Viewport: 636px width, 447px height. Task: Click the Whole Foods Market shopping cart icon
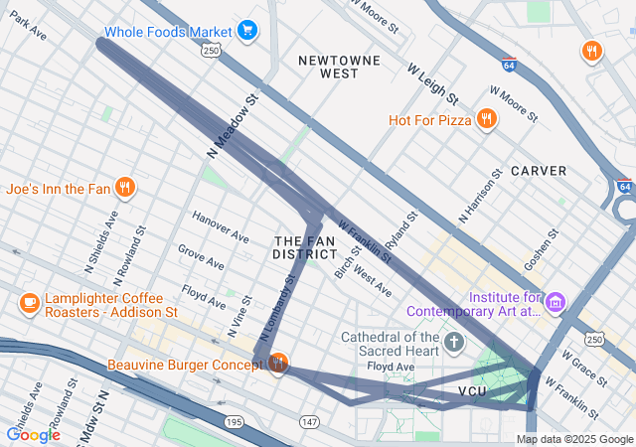[x=246, y=32]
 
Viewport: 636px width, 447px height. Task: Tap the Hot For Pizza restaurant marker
[x=486, y=120]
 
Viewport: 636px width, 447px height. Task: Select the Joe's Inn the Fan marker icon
[x=124, y=187]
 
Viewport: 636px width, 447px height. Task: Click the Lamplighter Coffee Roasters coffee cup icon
[x=29, y=302]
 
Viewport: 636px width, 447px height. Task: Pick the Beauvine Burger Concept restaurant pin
[x=277, y=365]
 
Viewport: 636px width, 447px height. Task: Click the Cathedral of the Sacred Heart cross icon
[x=454, y=344]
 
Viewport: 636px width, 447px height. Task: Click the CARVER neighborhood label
[x=539, y=171]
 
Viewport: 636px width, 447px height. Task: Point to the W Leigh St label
[x=432, y=84]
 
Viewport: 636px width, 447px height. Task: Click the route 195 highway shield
[x=234, y=422]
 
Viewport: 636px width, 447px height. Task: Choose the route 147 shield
[x=310, y=422]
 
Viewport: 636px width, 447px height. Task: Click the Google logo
[x=33, y=434]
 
